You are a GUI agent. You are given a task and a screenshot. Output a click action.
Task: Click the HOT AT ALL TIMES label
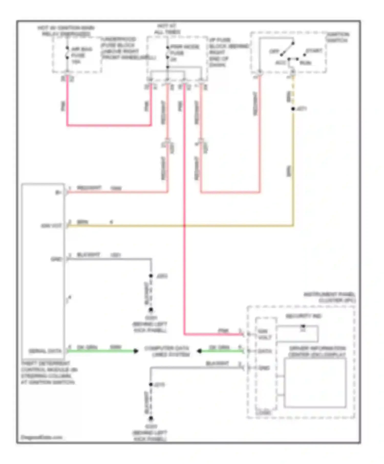[x=167, y=29]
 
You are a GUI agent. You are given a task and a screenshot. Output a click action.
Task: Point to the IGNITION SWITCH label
[x=337, y=37]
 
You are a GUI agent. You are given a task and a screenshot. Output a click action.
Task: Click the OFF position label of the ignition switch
[x=274, y=51]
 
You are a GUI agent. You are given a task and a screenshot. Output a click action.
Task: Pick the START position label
[x=314, y=51]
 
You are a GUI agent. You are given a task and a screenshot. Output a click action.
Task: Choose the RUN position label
[x=305, y=63]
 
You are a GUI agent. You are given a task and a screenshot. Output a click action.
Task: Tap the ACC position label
[x=280, y=63]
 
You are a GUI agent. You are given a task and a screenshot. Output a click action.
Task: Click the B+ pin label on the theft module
[x=59, y=193]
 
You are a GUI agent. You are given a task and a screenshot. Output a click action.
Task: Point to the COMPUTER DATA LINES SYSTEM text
[x=167, y=351]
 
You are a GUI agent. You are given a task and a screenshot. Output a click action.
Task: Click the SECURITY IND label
[x=303, y=316]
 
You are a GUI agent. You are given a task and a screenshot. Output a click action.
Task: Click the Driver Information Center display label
[x=317, y=351]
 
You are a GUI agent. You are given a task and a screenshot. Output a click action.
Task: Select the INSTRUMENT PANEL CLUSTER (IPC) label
[x=330, y=297]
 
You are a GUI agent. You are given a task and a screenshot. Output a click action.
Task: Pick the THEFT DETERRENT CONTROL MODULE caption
[x=49, y=373]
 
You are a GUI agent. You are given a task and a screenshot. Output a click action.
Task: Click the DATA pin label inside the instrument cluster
[x=264, y=351]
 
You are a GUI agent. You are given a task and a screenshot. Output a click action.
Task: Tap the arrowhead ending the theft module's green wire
[x=136, y=351]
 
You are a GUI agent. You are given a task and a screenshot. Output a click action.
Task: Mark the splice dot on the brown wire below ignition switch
[x=293, y=109]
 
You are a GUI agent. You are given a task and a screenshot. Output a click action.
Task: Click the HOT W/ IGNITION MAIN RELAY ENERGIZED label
[x=66, y=31]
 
